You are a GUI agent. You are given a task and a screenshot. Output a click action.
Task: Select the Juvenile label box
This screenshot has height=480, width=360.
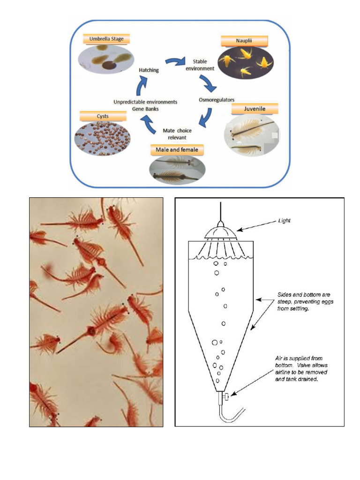255,109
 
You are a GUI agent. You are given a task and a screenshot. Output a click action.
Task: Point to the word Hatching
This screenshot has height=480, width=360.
149,70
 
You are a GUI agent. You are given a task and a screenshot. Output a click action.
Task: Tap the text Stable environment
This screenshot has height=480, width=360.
203,65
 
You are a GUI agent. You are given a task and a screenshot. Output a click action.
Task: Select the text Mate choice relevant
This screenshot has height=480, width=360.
177,134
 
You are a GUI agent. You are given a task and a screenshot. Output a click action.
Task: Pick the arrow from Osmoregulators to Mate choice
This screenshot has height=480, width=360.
204,118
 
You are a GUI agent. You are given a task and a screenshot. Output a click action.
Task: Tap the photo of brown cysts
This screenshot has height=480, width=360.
103,138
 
